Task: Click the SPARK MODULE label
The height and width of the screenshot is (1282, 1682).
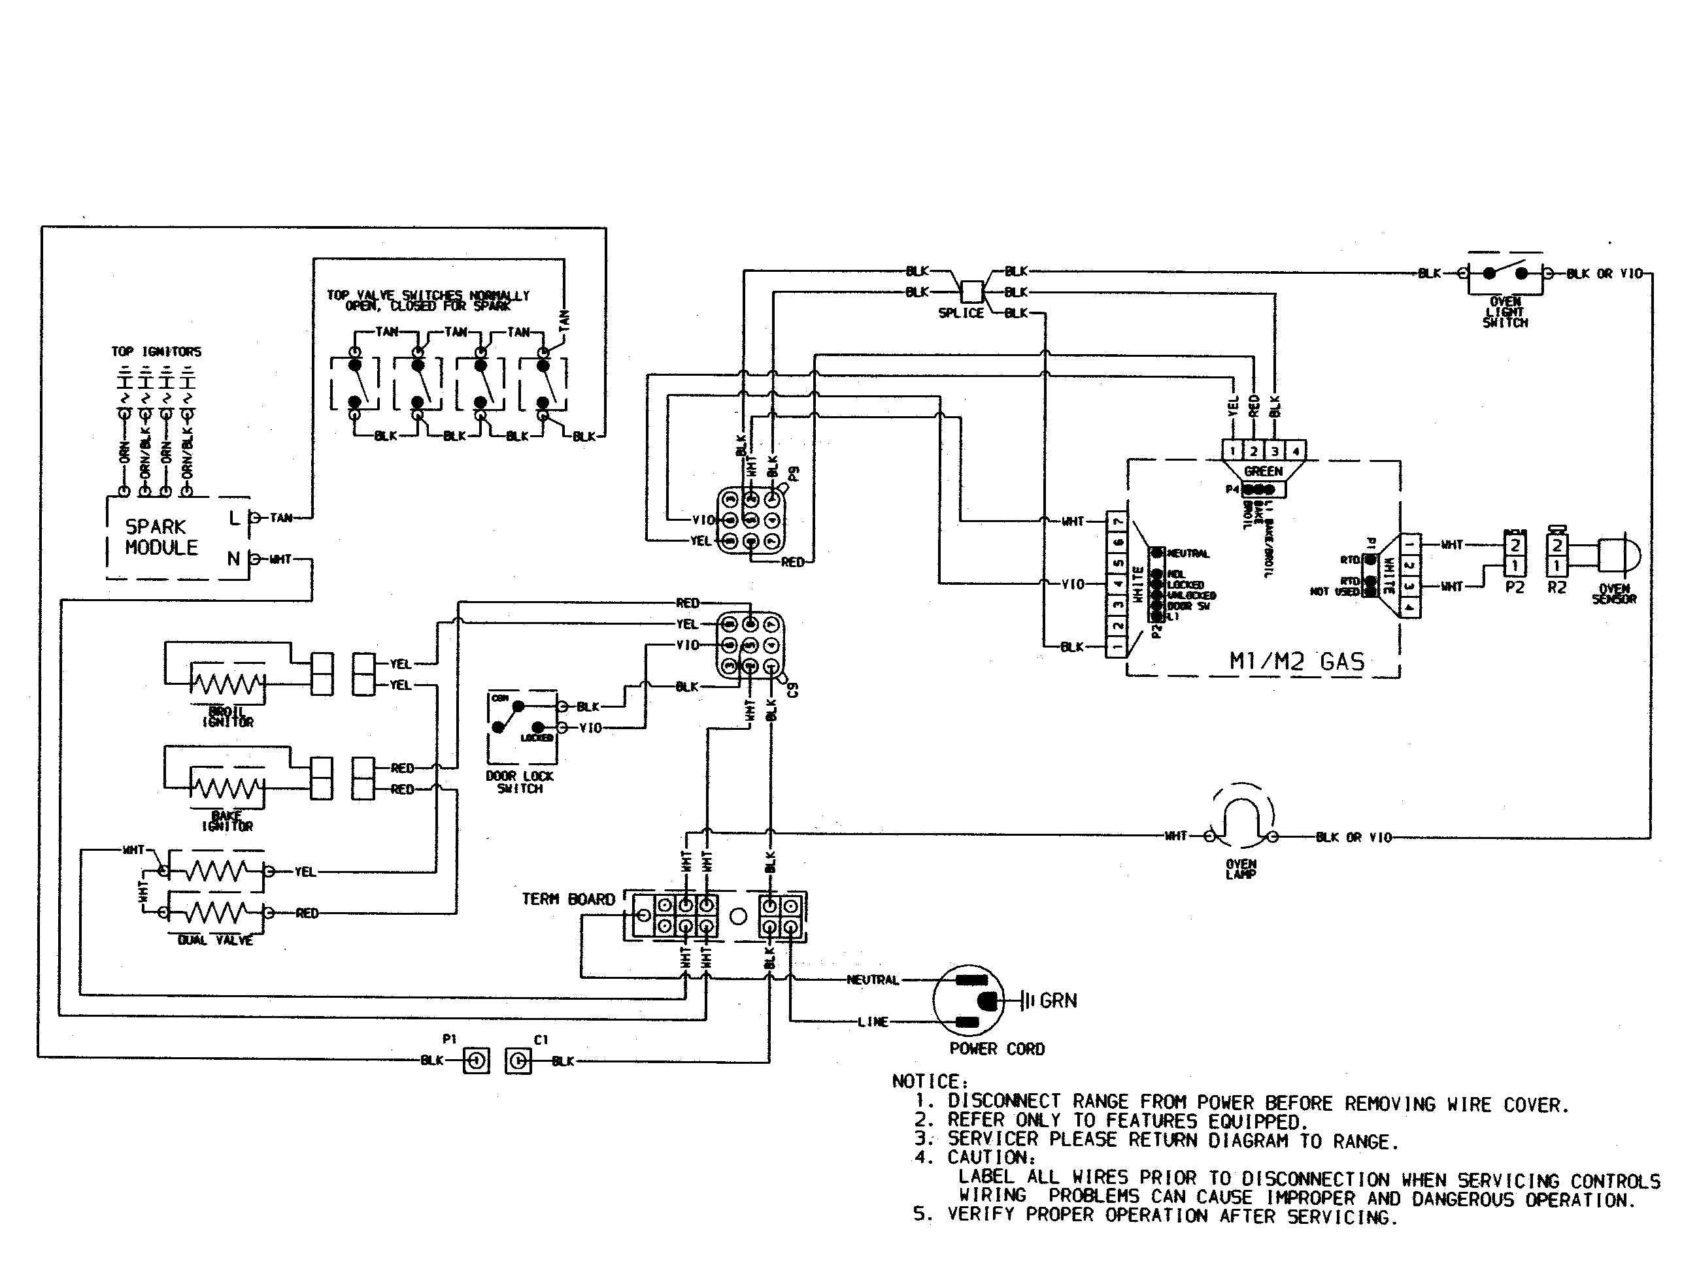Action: pyautogui.click(x=160, y=537)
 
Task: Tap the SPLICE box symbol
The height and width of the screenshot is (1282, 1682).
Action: pyautogui.click(x=971, y=292)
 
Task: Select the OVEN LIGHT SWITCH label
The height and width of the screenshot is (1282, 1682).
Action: pyautogui.click(x=1505, y=312)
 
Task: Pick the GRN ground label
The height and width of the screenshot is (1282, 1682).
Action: pyautogui.click(x=1058, y=1000)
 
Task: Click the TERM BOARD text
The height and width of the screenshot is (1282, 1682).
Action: pyautogui.click(x=568, y=900)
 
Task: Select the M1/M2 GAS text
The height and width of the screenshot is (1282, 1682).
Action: pyautogui.click(x=1296, y=661)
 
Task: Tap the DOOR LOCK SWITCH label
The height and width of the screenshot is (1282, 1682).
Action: pyautogui.click(x=519, y=782)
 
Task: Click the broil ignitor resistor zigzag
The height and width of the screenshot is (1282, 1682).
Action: pyautogui.click(x=227, y=683)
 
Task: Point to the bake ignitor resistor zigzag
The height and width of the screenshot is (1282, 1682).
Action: pyautogui.click(x=227, y=787)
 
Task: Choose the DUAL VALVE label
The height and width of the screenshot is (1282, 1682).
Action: pyautogui.click(x=214, y=940)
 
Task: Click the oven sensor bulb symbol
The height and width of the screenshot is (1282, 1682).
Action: pyautogui.click(x=1614, y=555)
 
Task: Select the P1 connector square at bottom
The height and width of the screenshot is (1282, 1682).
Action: pyautogui.click(x=476, y=1060)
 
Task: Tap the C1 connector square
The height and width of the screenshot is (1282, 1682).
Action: pyautogui.click(x=518, y=1060)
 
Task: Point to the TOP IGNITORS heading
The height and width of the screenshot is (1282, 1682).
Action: pyautogui.click(x=156, y=352)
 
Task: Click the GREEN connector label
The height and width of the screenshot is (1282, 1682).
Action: pyautogui.click(x=1263, y=472)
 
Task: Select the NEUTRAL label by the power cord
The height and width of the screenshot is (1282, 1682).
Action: pyautogui.click(x=872, y=980)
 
